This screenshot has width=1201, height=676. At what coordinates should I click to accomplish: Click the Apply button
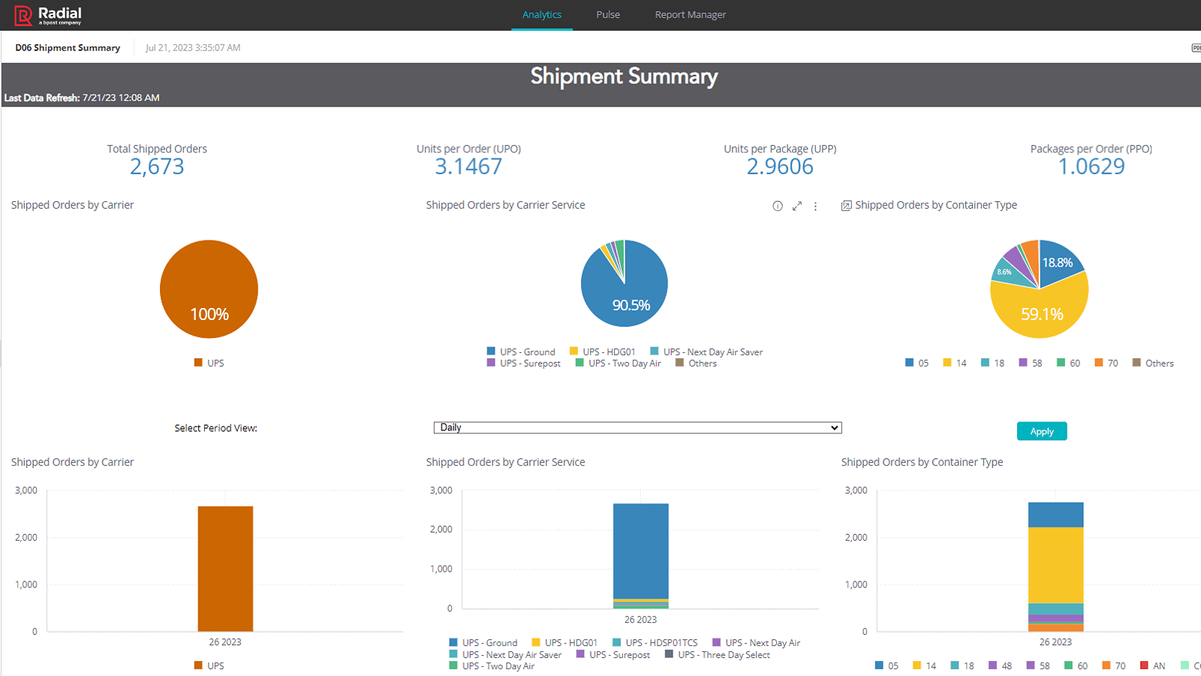pyautogui.click(x=1041, y=431)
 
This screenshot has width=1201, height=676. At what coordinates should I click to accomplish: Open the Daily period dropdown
pyautogui.click(x=637, y=427)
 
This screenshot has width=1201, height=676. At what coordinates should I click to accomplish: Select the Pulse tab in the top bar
pyautogui.click(x=608, y=14)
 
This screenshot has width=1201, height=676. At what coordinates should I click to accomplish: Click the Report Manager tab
pyautogui.click(x=690, y=14)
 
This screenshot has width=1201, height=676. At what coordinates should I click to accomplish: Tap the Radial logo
pyautogui.click(x=48, y=15)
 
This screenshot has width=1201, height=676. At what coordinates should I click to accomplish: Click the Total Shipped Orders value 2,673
pyautogui.click(x=157, y=167)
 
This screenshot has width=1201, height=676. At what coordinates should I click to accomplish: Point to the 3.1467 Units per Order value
pyautogui.click(x=468, y=167)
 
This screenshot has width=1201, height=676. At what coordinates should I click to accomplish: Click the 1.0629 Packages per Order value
pyautogui.click(x=1091, y=167)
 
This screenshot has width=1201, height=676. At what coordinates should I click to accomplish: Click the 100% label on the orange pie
pyautogui.click(x=209, y=314)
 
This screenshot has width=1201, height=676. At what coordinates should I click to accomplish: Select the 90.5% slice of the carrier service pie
pyautogui.click(x=631, y=305)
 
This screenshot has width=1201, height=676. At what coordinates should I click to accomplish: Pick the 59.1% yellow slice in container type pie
pyautogui.click(x=1042, y=314)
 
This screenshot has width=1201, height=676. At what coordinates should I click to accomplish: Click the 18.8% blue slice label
pyautogui.click(x=1057, y=263)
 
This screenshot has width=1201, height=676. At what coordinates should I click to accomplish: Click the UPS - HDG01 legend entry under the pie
pyautogui.click(x=603, y=352)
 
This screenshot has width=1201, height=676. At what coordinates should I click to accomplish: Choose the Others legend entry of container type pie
pyautogui.click(x=1153, y=363)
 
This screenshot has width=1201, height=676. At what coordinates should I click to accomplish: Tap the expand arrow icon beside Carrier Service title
pyautogui.click(x=797, y=206)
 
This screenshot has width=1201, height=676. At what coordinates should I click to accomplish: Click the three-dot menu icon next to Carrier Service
pyautogui.click(x=815, y=206)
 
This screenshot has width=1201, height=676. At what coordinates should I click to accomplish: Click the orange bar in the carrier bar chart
pyautogui.click(x=225, y=569)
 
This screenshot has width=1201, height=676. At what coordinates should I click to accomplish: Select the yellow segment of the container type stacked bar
pyautogui.click(x=1055, y=565)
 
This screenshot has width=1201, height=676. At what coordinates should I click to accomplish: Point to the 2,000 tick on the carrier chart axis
pyautogui.click(x=26, y=537)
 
